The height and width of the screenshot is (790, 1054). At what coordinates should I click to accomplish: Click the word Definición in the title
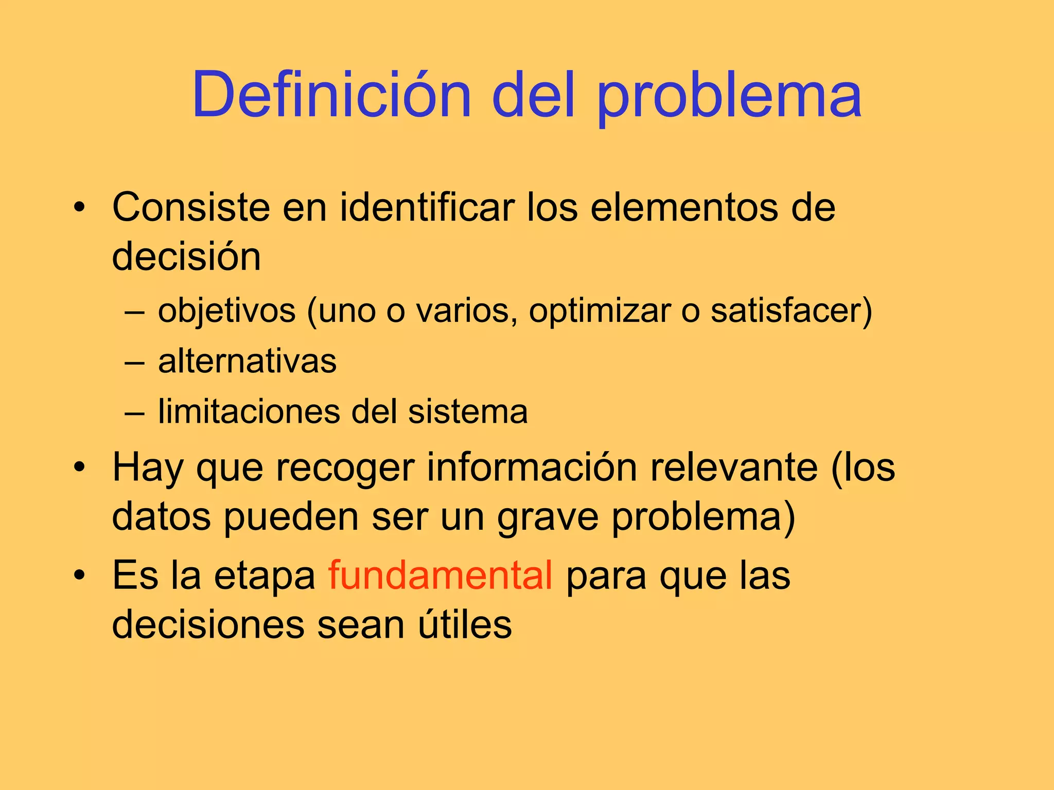332,95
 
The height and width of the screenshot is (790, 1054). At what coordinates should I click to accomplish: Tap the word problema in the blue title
729,98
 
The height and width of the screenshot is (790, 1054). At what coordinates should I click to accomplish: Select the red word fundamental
441,575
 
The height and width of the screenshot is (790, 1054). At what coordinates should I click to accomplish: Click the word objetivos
227,312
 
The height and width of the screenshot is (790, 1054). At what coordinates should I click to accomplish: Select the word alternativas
247,361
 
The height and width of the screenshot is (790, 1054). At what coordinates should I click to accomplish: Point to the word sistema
468,411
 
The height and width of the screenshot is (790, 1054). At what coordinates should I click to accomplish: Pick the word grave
548,517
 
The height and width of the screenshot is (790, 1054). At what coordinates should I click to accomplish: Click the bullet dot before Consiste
79,208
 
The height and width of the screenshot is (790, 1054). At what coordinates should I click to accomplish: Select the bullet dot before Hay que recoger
79,468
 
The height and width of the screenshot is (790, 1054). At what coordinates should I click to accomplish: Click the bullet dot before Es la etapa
79,576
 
